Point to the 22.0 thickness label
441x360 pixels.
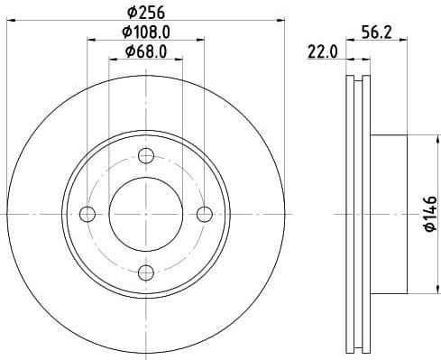point(322,52)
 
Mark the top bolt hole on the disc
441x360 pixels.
point(146,155)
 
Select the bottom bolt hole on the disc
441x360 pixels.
point(146,272)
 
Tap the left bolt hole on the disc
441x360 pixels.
point(87,214)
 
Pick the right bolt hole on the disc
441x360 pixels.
point(205,214)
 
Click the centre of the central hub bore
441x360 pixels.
point(146,214)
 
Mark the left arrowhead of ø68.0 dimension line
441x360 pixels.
point(113,59)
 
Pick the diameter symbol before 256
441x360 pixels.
point(131,13)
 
